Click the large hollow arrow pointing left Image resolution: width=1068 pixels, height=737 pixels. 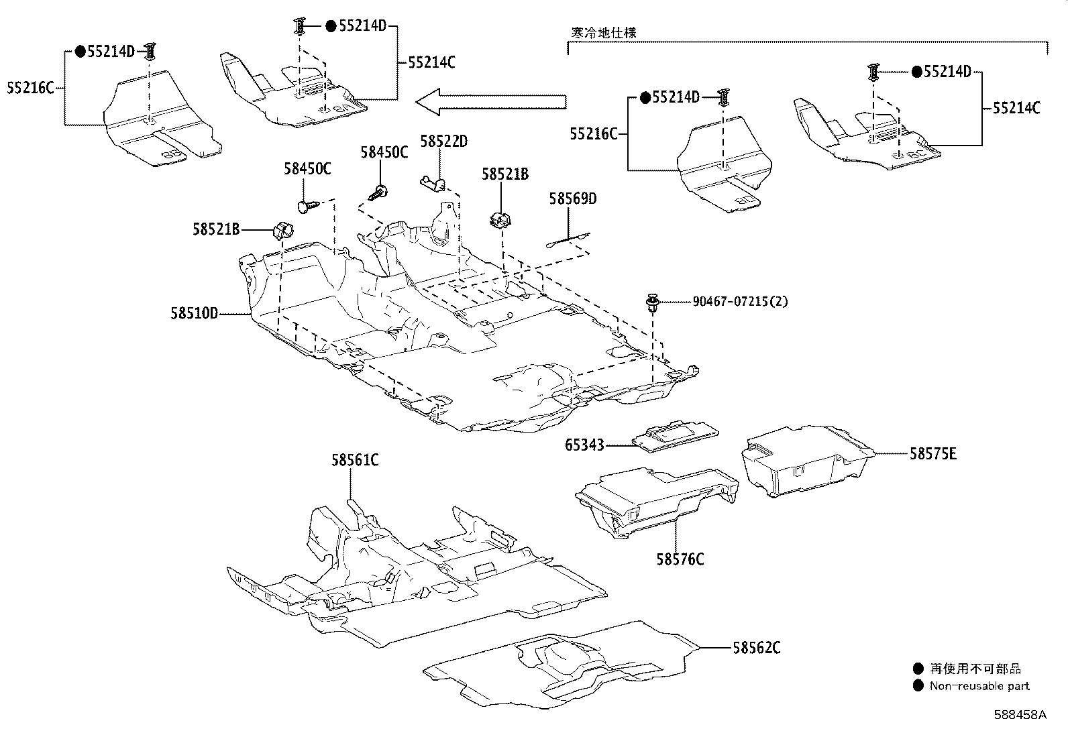pyautogui.click(x=491, y=101)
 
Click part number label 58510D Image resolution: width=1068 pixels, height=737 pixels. pyautogui.click(x=195, y=314)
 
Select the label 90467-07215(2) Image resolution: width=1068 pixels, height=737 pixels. pyautogui.click(x=740, y=301)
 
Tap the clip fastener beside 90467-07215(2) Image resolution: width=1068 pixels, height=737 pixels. pyautogui.click(x=652, y=303)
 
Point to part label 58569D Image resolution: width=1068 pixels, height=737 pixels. pyautogui.click(x=573, y=199)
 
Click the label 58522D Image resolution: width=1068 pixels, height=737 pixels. pyautogui.click(x=444, y=141)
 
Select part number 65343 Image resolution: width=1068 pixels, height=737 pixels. pyautogui.click(x=584, y=445)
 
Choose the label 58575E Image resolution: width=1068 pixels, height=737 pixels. pyautogui.click(x=933, y=454)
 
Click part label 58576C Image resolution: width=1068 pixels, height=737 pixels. pyautogui.click(x=680, y=559)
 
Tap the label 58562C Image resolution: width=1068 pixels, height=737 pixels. pyautogui.click(x=757, y=648)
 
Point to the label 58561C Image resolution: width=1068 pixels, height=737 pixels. pyautogui.click(x=355, y=461)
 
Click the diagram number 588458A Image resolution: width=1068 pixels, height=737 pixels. pyautogui.click(x=1020, y=715)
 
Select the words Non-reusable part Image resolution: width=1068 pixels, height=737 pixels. pyautogui.click(x=980, y=686)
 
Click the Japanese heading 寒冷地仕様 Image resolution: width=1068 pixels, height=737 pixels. pyautogui.click(x=604, y=32)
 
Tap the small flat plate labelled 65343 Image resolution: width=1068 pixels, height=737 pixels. pyautogui.click(x=675, y=436)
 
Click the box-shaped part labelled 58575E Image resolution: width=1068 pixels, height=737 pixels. pyautogui.click(x=808, y=461)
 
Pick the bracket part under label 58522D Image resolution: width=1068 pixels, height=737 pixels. pyautogui.click(x=433, y=184)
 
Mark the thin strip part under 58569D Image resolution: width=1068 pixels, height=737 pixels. pyautogui.click(x=568, y=240)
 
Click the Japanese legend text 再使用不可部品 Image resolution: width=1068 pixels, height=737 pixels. pyautogui.click(x=975, y=669)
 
